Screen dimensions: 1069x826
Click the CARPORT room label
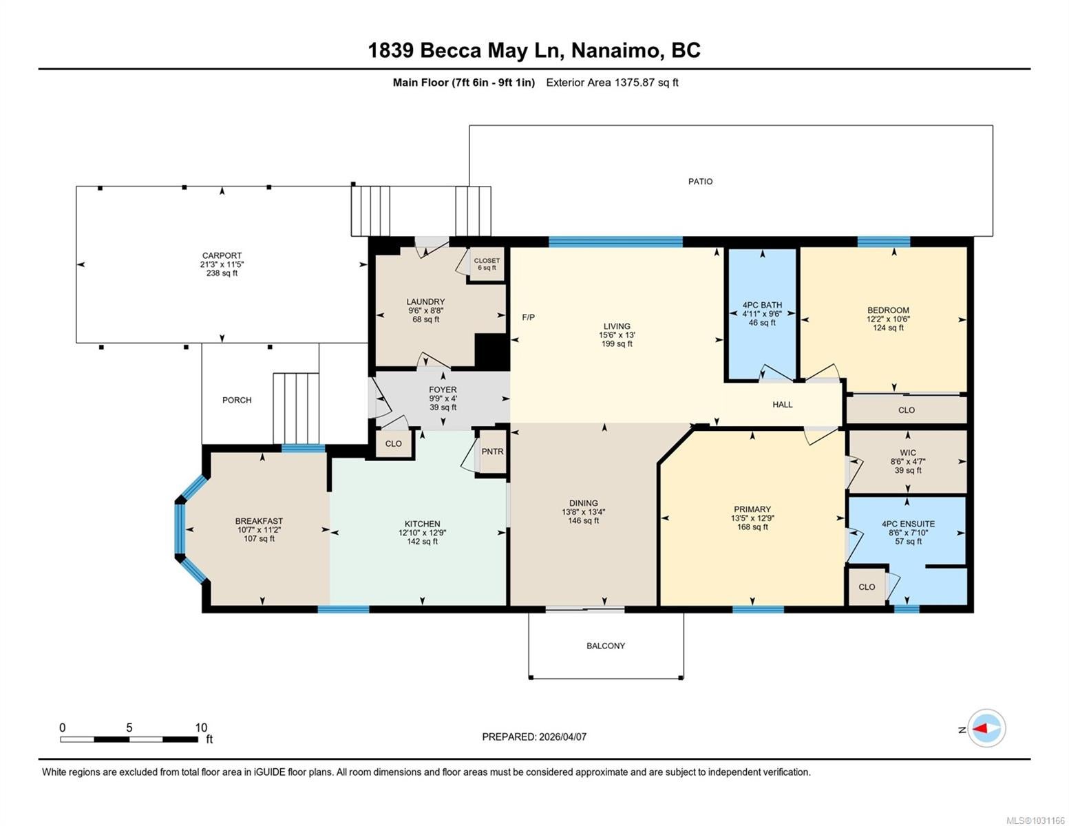coord(222,255)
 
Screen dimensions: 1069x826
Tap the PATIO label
coord(700,182)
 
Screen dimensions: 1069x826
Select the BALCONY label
coord(606,646)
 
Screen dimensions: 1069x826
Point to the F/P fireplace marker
coord(529,317)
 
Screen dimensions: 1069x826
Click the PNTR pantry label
coord(492,452)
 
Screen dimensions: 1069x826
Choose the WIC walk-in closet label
coord(908,453)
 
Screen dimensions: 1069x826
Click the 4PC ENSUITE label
coord(908,524)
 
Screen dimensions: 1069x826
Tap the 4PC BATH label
coord(762,305)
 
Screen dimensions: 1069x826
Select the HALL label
coord(782,404)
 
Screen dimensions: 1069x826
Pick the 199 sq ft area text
coord(617,344)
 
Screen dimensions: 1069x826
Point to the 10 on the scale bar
coord(201,728)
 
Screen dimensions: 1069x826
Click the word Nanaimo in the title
coord(615,51)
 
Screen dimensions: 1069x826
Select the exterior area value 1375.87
coord(634,83)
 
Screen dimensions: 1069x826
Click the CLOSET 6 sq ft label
coord(487,264)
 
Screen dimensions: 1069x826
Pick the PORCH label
coord(237,400)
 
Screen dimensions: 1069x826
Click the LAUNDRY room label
coord(425,301)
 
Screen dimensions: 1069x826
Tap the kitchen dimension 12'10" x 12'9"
coord(422,533)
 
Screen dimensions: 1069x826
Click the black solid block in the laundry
coord(491,351)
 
